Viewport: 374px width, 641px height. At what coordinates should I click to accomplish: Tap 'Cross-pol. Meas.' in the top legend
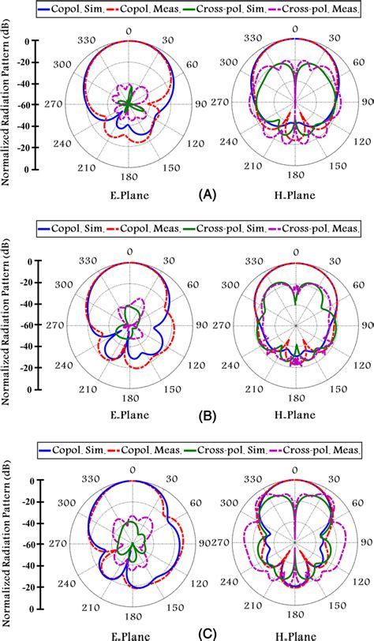[323, 9]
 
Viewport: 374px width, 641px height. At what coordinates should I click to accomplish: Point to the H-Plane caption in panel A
[295, 191]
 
